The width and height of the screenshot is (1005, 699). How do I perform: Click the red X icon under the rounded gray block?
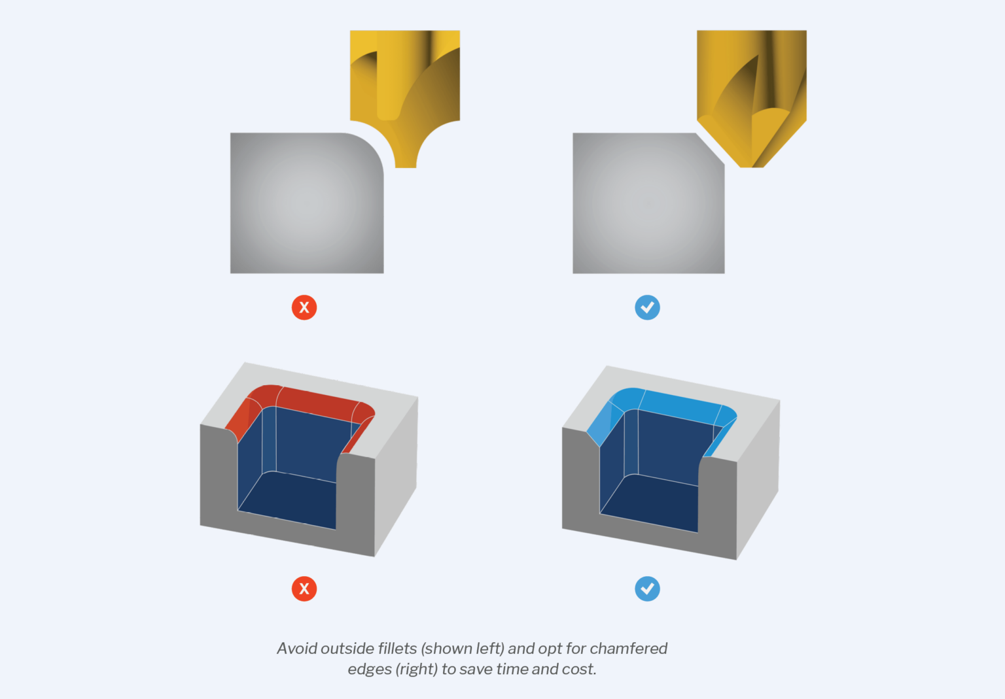click(304, 307)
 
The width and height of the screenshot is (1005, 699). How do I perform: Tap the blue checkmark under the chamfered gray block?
click(647, 307)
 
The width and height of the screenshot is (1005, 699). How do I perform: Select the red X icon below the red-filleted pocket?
click(304, 588)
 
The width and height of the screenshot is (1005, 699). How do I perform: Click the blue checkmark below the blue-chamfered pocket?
click(647, 588)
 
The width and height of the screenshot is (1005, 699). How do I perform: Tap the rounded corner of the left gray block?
click(370, 148)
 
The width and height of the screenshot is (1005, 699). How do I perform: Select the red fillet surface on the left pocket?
click(314, 400)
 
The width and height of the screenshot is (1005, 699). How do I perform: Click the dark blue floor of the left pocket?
click(291, 500)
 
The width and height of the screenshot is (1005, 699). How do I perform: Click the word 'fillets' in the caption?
click(397, 649)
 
